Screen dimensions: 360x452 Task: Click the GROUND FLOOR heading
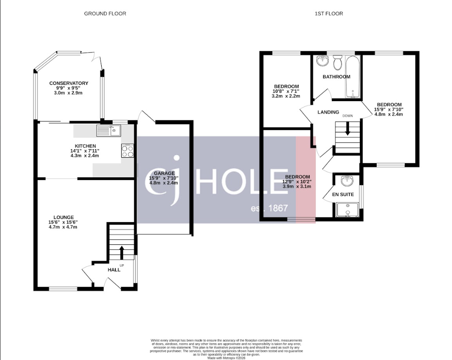point(105,14)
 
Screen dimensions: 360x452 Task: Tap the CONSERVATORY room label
point(69,83)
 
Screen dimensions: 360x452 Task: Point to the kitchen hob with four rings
point(128,151)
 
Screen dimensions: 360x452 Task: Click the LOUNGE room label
point(63,217)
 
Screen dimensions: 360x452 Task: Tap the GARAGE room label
point(164,174)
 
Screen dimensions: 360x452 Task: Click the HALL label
point(114,270)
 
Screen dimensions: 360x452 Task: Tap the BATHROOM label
point(336,77)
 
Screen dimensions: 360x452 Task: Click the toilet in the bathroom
point(337,61)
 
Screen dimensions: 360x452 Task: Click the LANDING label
point(328,112)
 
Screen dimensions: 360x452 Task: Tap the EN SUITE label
point(344,195)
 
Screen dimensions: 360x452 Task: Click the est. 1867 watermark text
point(270,209)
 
